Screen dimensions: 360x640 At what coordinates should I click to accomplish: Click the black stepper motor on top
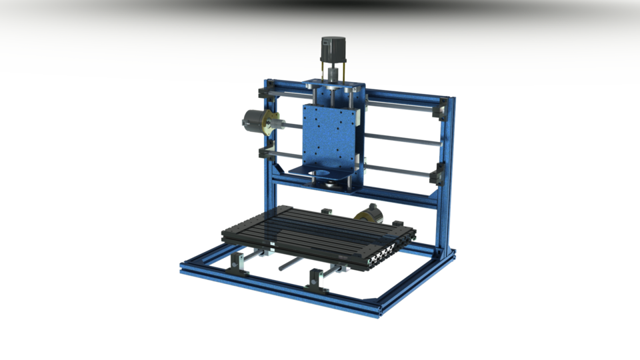pyautogui.click(x=332, y=50)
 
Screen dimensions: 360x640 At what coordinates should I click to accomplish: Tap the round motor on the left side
pyautogui.click(x=254, y=124)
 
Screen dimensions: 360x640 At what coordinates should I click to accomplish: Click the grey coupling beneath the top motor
pyautogui.click(x=332, y=71)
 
